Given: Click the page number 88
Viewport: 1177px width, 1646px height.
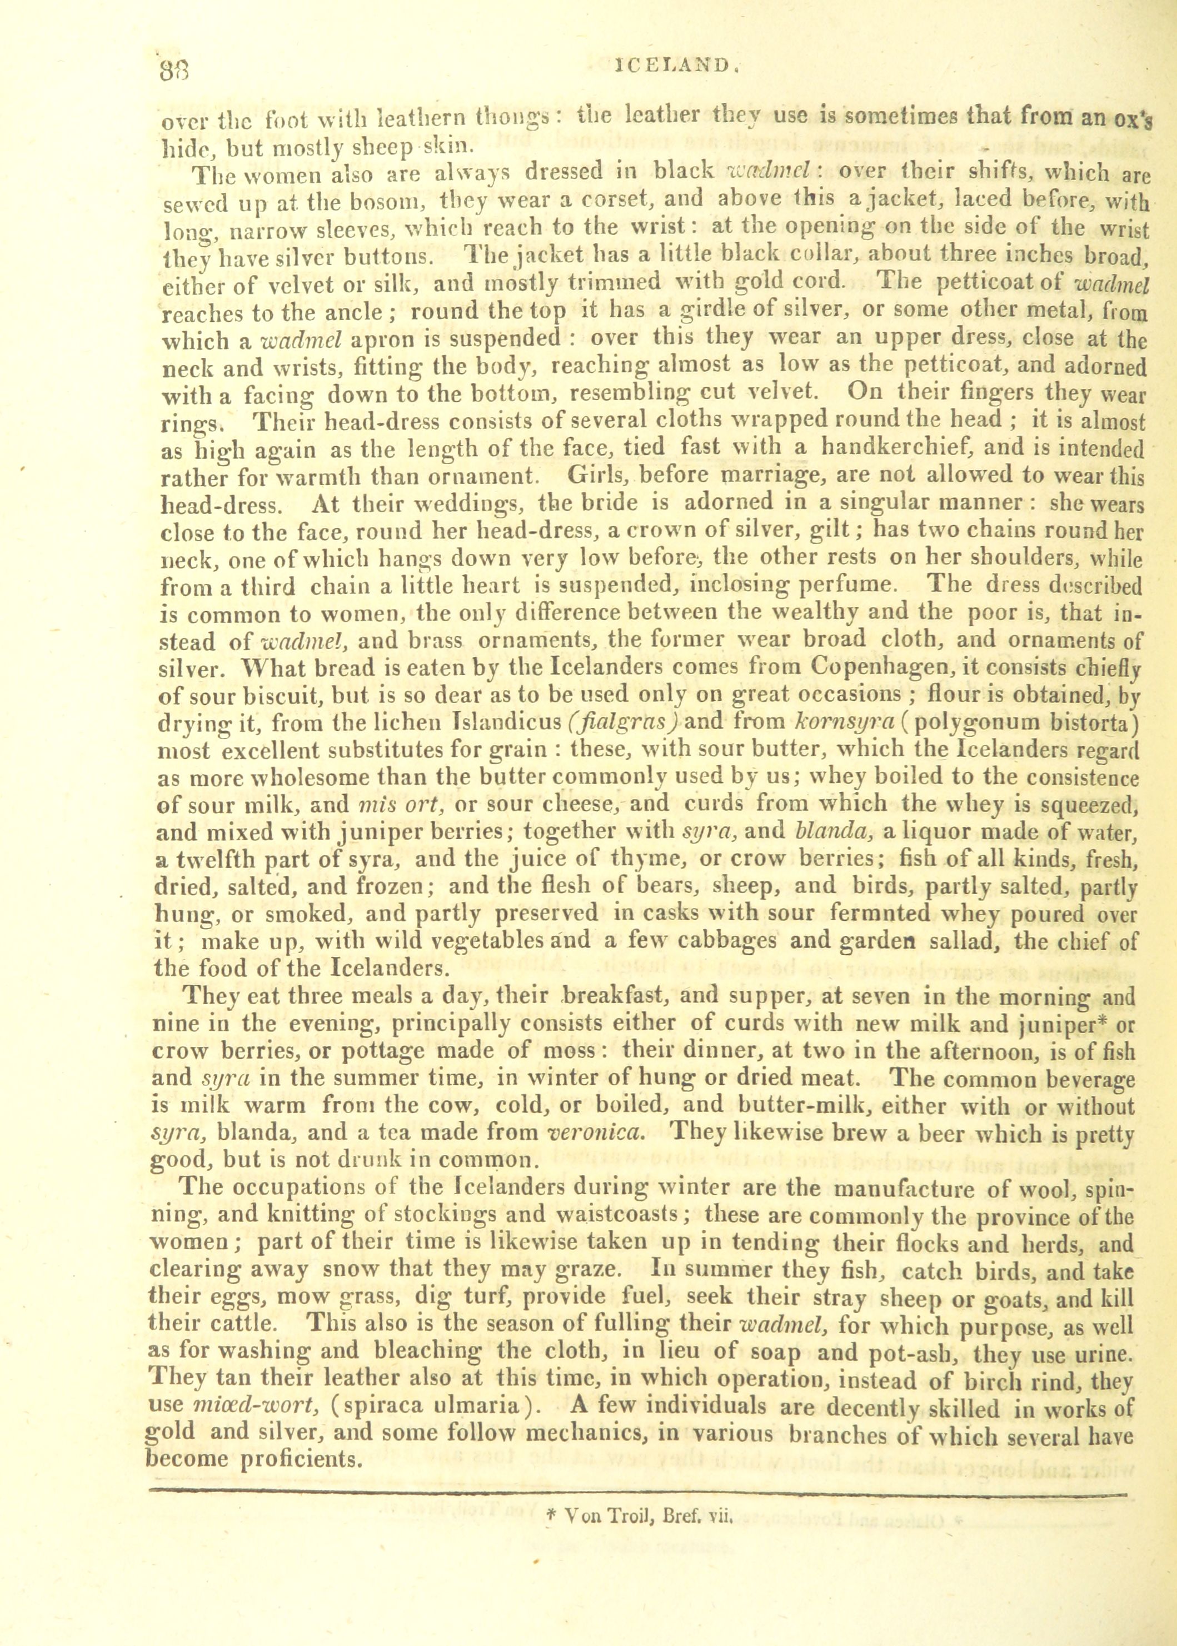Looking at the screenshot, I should tap(174, 71).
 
